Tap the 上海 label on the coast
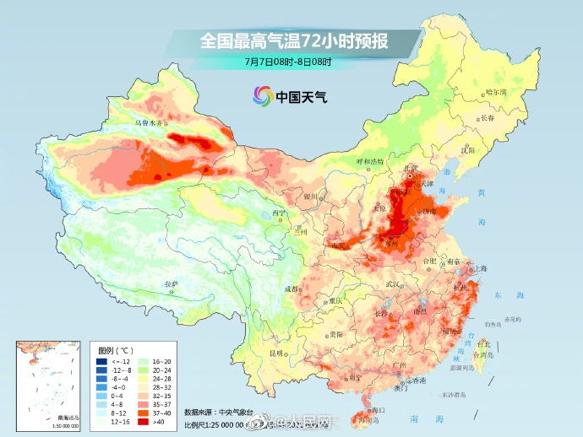pos(480,267)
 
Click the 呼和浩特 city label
pos(369,160)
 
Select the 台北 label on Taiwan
pos(483,344)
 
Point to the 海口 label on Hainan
pos(378,408)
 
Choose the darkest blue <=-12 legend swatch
pos(101,360)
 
